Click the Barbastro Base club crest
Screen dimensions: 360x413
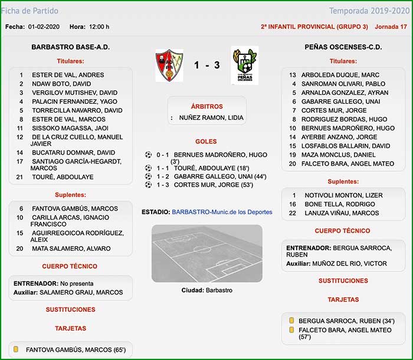[x=169, y=65]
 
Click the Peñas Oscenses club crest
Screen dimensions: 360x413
[x=244, y=65]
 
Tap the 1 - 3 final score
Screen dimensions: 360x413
[x=206, y=65]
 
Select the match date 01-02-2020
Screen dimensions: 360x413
[x=44, y=27]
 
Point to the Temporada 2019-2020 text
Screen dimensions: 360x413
[x=368, y=11]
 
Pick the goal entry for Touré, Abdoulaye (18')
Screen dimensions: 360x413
[x=205, y=168]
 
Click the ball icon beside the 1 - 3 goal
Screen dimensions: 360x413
[x=148, y=185]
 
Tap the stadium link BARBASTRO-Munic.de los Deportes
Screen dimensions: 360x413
[x=222, y=211]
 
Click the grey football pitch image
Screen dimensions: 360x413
[x=206, y=253]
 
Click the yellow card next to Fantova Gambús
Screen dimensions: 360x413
[x=16, y=349]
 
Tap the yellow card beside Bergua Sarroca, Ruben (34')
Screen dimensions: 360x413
[x=291, y=320]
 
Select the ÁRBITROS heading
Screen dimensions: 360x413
[x=206, y=107]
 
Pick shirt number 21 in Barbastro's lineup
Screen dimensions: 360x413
[x=19, y=177]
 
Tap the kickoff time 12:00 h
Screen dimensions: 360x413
[x=99, y=27]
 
